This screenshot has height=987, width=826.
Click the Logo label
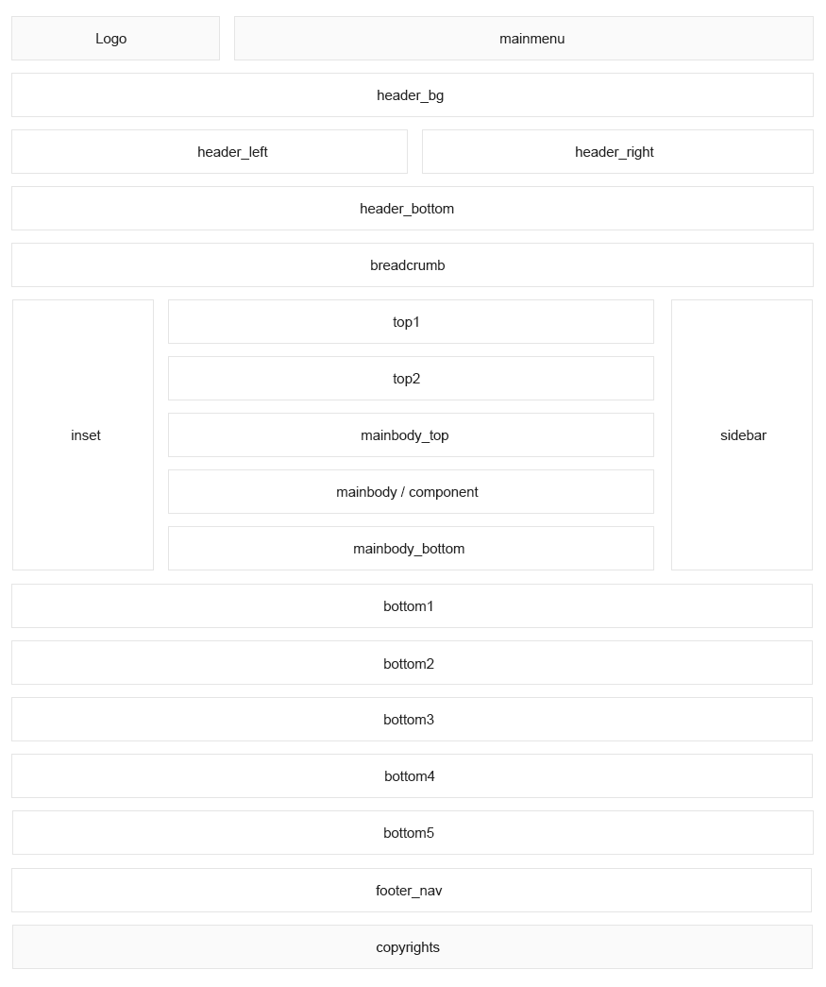pos(110,39)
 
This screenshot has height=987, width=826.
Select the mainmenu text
pos(531,39)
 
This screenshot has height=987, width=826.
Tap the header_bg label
pos(411,95)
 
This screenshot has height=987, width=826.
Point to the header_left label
pos(232,152)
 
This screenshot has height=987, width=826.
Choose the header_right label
pos(614,152)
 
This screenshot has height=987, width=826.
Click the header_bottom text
pos(407,209)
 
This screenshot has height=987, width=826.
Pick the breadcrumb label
pos(407,265)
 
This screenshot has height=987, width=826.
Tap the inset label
pos(86,435)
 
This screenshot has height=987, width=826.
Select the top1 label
pos(406,322)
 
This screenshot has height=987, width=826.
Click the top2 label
pos(406,379)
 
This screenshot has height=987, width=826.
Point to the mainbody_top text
pos(405,435)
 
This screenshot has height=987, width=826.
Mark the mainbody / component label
pos(407,492)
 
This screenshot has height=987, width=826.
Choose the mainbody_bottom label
pos(409,549)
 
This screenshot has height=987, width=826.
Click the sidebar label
pos(743,435)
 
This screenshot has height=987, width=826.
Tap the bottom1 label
pos(409,606)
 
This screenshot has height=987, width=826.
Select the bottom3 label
pos(409,720)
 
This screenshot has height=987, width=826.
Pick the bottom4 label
pos(409,776)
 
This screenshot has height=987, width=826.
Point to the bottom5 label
pos(409,833)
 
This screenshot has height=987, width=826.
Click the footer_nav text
pos(409,891)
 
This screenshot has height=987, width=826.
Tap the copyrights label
pos(408,947)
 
